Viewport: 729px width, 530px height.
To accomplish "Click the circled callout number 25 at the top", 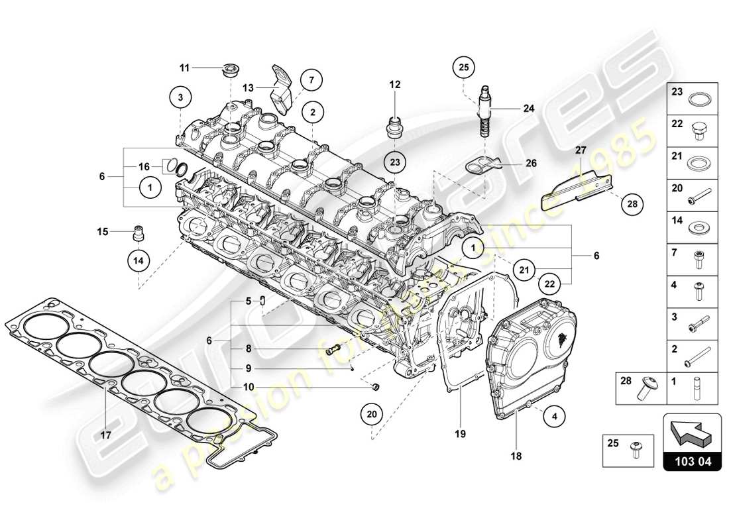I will pos(463,67).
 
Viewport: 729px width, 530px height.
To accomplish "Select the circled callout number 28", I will pos(633,205).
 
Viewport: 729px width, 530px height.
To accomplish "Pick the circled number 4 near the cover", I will pos(554,417).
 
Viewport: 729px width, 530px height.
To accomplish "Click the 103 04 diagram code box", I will pos(692,462).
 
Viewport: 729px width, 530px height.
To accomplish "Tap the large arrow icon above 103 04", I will pos(692,431).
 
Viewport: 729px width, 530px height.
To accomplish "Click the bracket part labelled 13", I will pos(280,89).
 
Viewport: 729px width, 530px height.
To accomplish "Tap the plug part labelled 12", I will pos(396,125).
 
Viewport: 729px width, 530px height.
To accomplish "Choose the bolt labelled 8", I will pos(333,348).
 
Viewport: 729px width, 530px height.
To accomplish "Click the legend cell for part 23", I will pos(695,100).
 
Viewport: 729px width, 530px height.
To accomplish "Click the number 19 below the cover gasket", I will pos(461,435).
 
